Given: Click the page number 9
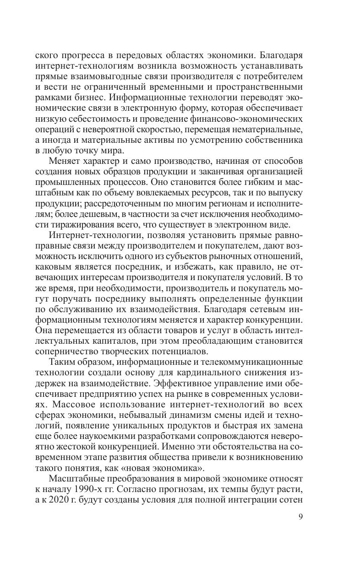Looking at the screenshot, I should [x=300, y=517].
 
